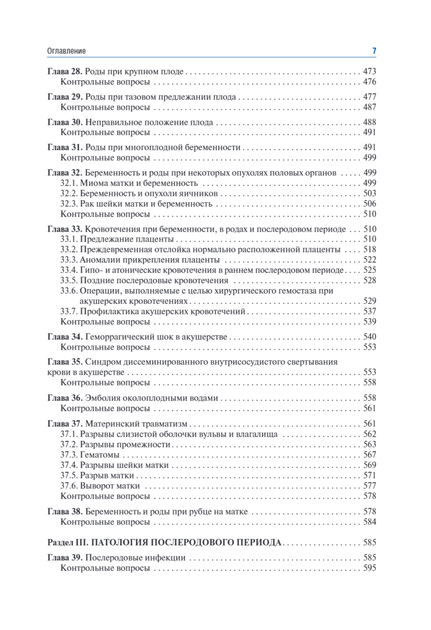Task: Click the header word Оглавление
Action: pyautogui.click(x=66, y=51)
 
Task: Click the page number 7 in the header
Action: pyautogui.click(x=374, y=51)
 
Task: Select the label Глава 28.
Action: pyautogui.click(x=64, y=71)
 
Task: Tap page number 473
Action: pyautogui.click(x=370, y=71)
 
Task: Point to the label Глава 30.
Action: pyautogui.click(x=64, y=122)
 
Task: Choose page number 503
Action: pyautogui.click(x=370, y=193)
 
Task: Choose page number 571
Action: pyautogui.click(x=370, y=475)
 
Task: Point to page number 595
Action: pyautogui.click(x=370, y=568)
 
